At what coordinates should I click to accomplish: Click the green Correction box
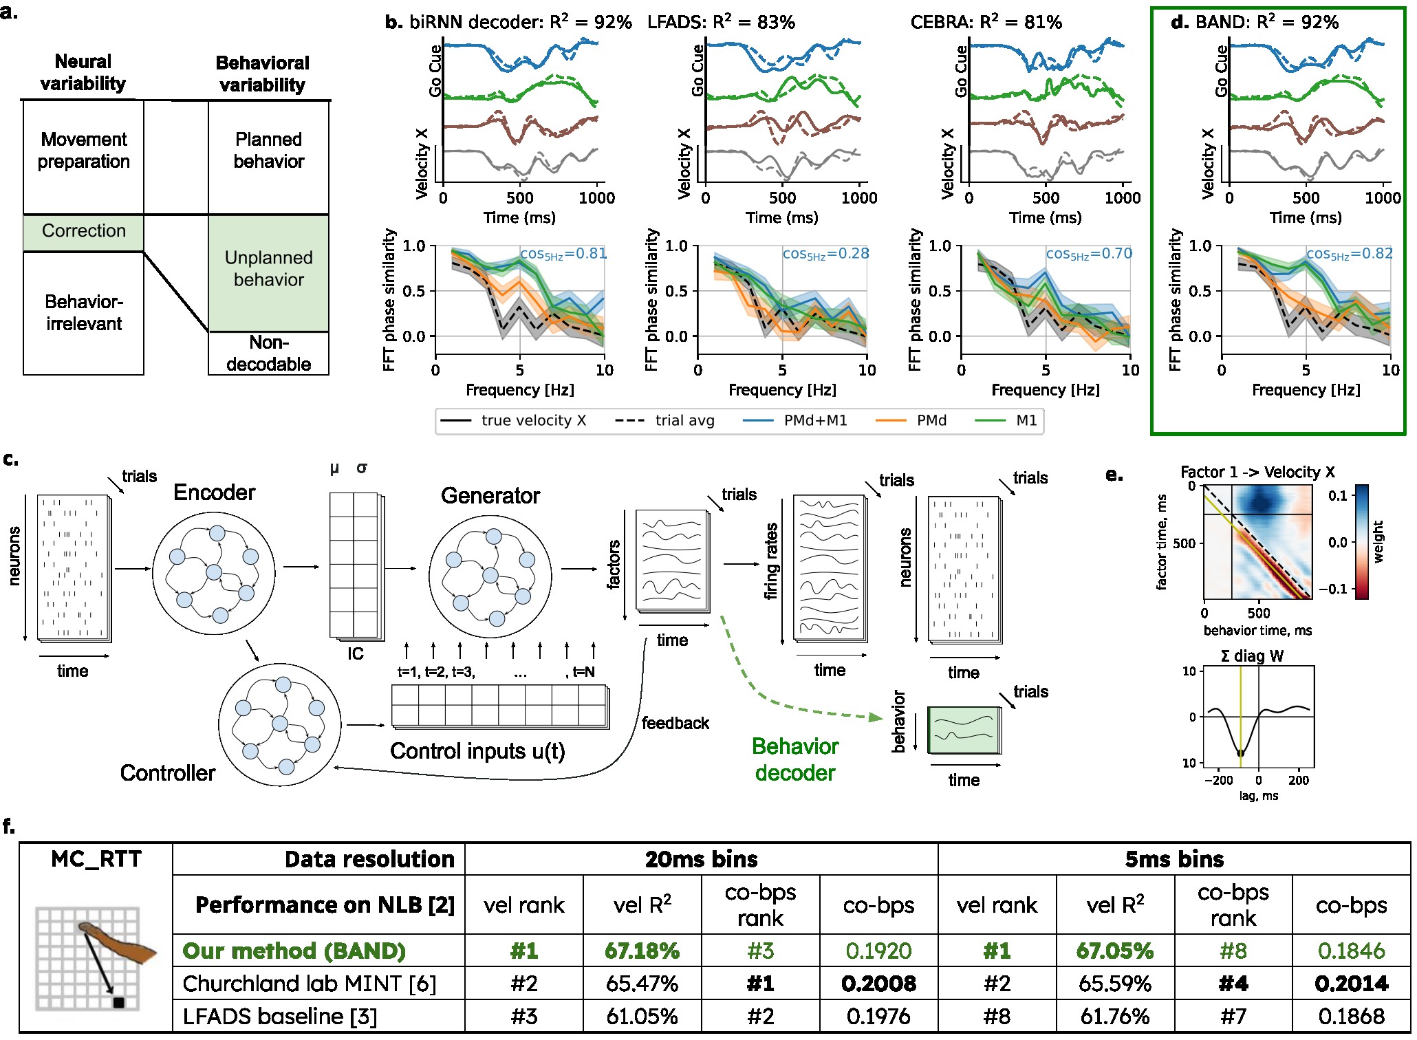[83, 232]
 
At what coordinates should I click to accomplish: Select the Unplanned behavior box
[268, 269]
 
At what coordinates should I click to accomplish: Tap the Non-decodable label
[268, 354]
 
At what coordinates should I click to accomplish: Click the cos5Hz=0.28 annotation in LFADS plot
[825, 254]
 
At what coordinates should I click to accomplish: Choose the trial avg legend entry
[684, 420]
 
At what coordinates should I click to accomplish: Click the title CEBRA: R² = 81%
[986, 22]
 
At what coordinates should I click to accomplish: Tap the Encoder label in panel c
[214, 492]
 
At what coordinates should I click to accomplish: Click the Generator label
[490, 496]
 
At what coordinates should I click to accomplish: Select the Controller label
[167, 773]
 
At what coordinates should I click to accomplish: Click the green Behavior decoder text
[795, 759]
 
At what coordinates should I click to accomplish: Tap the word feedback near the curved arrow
[675, 724]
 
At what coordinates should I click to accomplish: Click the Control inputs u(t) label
[477, 751]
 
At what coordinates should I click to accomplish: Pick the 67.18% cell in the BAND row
[642, 951]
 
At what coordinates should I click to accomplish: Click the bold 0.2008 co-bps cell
[878, 984]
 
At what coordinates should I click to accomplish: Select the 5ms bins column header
[1173, 860]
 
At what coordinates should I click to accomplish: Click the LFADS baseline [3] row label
[280, 1017]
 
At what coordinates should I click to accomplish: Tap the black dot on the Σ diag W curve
[1240, 754]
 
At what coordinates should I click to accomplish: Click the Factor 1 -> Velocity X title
[1257, 472]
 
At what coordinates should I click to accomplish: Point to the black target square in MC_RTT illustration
[118, 1003]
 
